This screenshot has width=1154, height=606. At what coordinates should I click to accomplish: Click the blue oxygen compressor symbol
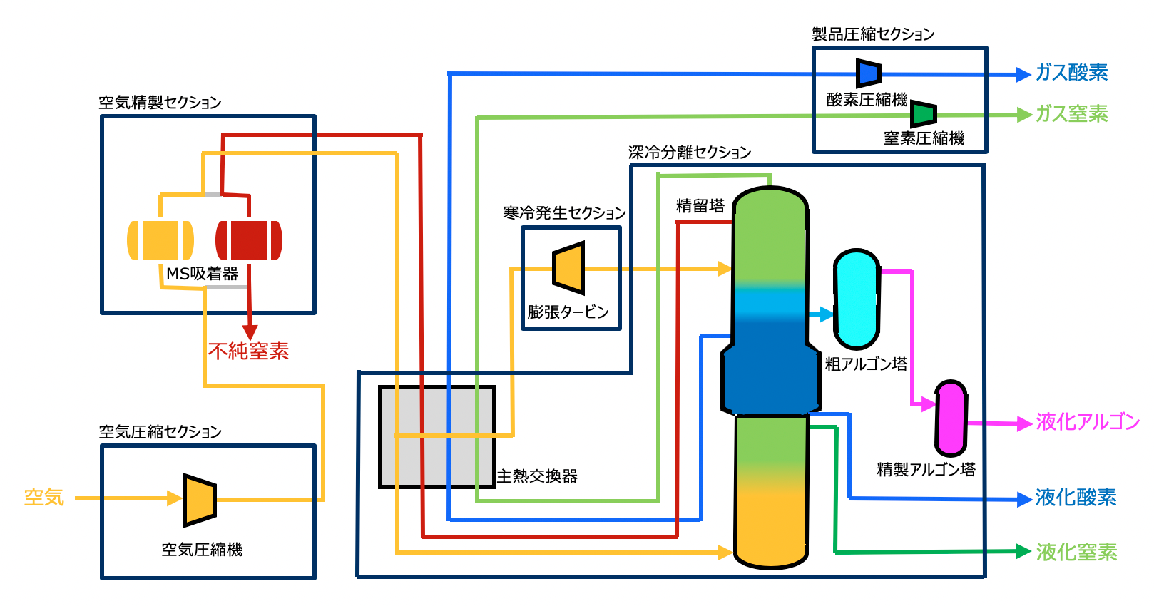coord(869,73)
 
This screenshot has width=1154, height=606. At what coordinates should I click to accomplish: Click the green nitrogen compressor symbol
coord(924,113)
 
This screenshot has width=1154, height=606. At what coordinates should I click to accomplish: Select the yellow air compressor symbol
coord(199,500)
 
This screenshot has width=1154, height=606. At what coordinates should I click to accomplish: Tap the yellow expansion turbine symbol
coord(569,268)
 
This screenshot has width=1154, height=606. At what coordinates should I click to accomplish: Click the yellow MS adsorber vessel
coord(160,240)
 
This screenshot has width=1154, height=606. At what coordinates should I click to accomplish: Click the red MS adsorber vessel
coord(249,240)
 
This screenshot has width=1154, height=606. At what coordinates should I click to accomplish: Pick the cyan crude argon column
coord(857,299)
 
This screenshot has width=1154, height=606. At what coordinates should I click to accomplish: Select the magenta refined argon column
coord(951,418)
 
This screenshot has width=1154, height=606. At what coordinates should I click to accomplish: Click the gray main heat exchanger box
coord(436,437)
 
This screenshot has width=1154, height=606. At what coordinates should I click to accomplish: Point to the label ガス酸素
coord(1071,73)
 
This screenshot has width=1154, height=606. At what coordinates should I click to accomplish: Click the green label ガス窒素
coord(1071,114)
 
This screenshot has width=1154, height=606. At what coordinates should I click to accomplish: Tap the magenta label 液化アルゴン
coord(1088,422)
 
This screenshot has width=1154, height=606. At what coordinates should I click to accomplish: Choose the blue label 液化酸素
coord(1076,498)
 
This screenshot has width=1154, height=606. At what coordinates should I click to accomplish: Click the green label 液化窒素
coord(1076,553)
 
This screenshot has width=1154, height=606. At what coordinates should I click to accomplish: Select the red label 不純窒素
coord(248,351)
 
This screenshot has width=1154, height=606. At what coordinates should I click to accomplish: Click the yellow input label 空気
coord(44,498)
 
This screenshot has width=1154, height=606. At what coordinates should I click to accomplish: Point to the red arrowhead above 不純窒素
coord(250,332)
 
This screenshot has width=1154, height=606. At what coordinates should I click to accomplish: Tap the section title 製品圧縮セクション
coord(873,34)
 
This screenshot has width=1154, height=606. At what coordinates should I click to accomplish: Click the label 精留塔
coord(700,206)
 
